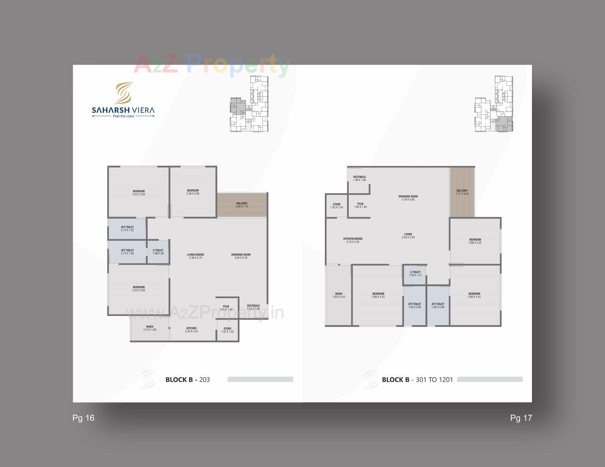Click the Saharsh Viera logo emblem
(123, 93)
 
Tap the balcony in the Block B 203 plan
(242, 205)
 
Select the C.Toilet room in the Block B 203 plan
(158, 252)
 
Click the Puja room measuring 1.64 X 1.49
(226, 307)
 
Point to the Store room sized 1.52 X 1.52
(227, 330)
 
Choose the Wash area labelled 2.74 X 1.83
(150, 328)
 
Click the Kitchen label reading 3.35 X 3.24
(191, 330)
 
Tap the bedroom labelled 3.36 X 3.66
(193, 192)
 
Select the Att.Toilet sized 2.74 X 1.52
(127, 228)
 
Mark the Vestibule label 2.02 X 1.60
(253, 307)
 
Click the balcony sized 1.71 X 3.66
(462, 192)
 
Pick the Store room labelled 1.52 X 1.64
(337, 206)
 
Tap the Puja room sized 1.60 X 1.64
(360, 205)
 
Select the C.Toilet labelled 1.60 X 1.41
(415, 273)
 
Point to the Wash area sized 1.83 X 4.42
(339, 295)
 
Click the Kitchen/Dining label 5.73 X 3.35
(353, 240)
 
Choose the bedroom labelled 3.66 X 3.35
(475, 241)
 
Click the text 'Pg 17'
(521, 418)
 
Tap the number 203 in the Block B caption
(205, 380)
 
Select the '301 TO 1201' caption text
(434, 380)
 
